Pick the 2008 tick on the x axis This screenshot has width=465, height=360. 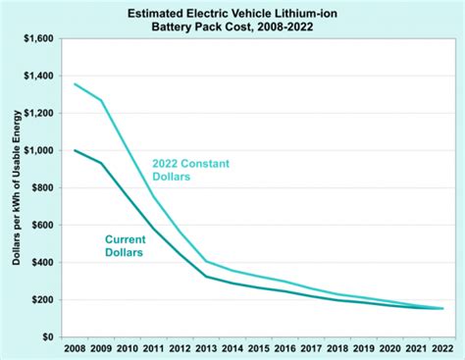point(74,348)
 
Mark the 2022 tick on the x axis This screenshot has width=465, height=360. point(442,348)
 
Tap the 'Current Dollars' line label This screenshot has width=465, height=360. point(124,245)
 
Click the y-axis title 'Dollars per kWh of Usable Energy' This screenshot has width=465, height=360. point(15,186)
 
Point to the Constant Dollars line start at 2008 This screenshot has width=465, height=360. point(75,84)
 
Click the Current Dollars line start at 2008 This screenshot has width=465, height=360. point(75,150)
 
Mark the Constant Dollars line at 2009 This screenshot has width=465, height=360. point(101,100)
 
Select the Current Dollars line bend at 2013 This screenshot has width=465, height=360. point(207,276)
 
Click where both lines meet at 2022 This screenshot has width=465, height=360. point(441,308)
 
